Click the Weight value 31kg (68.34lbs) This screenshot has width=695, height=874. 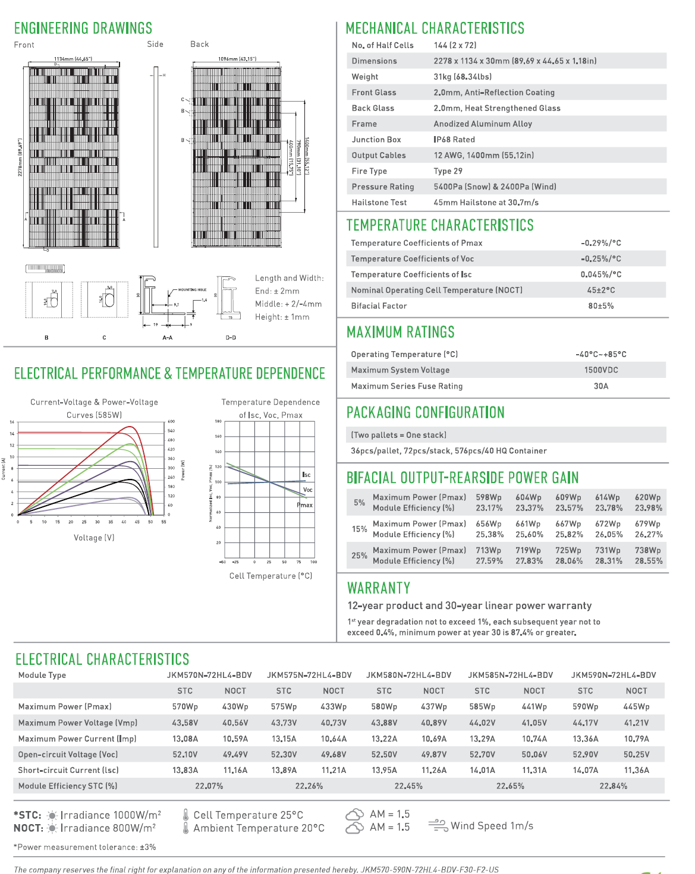(x=463, y=77)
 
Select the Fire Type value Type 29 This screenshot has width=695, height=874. (x=448, y=171)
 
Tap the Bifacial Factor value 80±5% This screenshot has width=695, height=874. (x=601, y=306)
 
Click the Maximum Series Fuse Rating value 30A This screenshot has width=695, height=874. (x=601, y=386)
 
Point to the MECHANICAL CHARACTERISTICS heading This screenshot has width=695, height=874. (x=435, y=29)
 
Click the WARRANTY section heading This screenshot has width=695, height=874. (x=379, y=588)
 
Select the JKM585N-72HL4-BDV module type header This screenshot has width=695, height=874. (x=510, y=675)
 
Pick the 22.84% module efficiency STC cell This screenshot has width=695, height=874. (x=613, y=786)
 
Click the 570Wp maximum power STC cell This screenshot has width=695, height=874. (x=185, y=707)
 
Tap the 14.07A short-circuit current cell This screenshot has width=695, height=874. (x=586, y=770)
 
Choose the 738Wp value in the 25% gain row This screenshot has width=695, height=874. (x=647, y=551)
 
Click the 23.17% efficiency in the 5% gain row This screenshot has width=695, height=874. (x=489, y=508)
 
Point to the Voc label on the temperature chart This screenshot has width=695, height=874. (x=307, y=490)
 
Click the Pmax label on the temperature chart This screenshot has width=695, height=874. (x=305, y=505)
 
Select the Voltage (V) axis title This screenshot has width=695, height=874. (x=94, y=538)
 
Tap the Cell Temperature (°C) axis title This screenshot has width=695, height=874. (x=271, y=576)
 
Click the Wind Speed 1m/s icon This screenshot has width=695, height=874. (x=438, y=826)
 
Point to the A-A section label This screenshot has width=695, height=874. (x=168, y=337)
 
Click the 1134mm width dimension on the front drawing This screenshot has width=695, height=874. (x=73, y=59)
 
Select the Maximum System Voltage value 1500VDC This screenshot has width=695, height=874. (x=601, y=370)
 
